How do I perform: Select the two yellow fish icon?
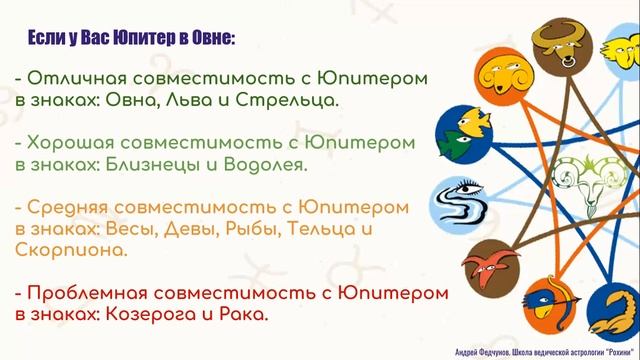click(x=461, y=131)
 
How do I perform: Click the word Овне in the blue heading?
click(x=208, y=38)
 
